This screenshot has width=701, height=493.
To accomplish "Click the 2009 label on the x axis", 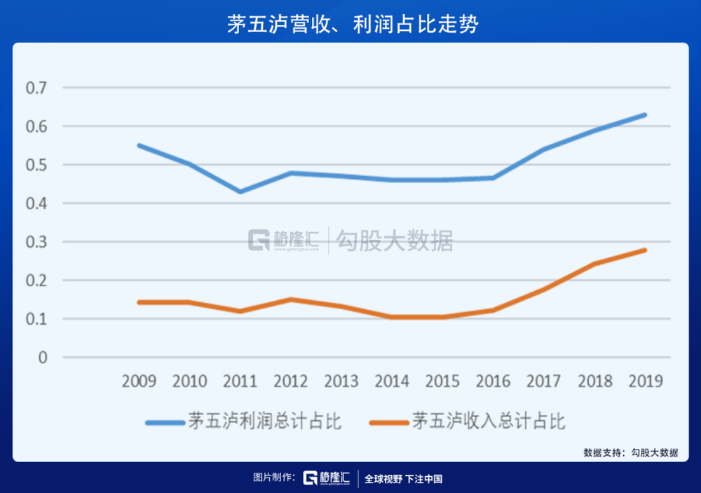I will [x=139, y=381].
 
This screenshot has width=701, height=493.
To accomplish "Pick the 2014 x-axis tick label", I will [x=392, y=381].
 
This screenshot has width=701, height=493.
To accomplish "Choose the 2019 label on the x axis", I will [x=645, y=381].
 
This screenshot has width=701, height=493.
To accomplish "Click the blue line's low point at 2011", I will [x=240, y=191].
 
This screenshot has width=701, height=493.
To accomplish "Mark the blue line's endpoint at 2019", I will [x=645, y=114].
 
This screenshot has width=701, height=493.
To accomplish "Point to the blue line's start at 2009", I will [x=139, y=145].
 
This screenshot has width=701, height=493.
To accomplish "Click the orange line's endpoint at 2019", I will [x=645, y=250].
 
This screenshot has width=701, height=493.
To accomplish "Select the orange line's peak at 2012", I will [x=290, y=299].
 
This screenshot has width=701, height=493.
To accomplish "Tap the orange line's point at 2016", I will [x=493, y=310].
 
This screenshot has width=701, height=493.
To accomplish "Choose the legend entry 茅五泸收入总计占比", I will [x=489, y=421].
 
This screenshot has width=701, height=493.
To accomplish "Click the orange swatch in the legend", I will [x=388, y=422].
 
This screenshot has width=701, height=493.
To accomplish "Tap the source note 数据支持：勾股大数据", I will [x=631, y=453].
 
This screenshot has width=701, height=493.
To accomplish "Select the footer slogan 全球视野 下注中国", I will [x=403, y=479].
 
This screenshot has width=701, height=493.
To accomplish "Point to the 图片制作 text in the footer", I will [x=274, y=478].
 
